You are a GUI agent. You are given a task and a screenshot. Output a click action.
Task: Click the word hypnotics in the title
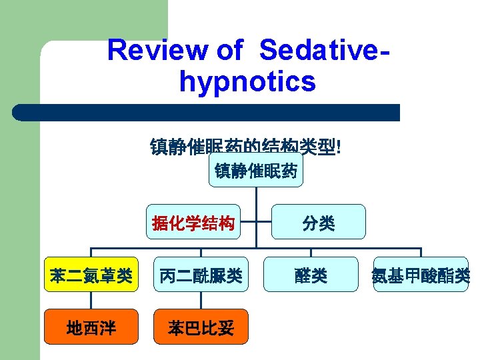tap(247, 82)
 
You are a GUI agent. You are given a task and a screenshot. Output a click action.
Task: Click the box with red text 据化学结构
tap(193, 222)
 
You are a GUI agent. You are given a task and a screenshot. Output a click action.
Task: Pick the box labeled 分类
tap(319, 222)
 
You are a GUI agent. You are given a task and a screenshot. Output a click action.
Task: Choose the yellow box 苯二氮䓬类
tap(91, 275)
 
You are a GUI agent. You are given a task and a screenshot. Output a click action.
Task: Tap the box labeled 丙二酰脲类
tap(201, 275)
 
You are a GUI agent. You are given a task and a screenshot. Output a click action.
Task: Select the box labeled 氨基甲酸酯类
tap(421, 275)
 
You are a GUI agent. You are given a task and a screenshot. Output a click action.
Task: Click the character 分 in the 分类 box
tap(311, 223)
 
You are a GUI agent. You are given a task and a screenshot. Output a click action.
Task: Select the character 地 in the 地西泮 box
tap(75, 327)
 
